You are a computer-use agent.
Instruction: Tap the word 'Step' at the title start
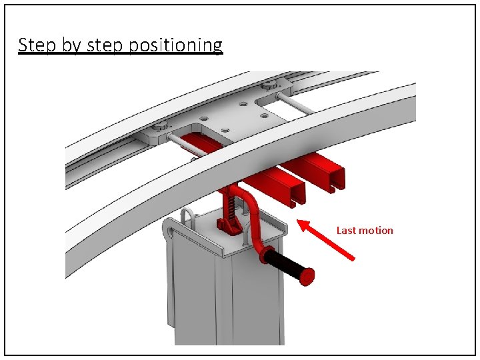[33, 45]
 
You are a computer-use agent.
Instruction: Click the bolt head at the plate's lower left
[160, 128]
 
